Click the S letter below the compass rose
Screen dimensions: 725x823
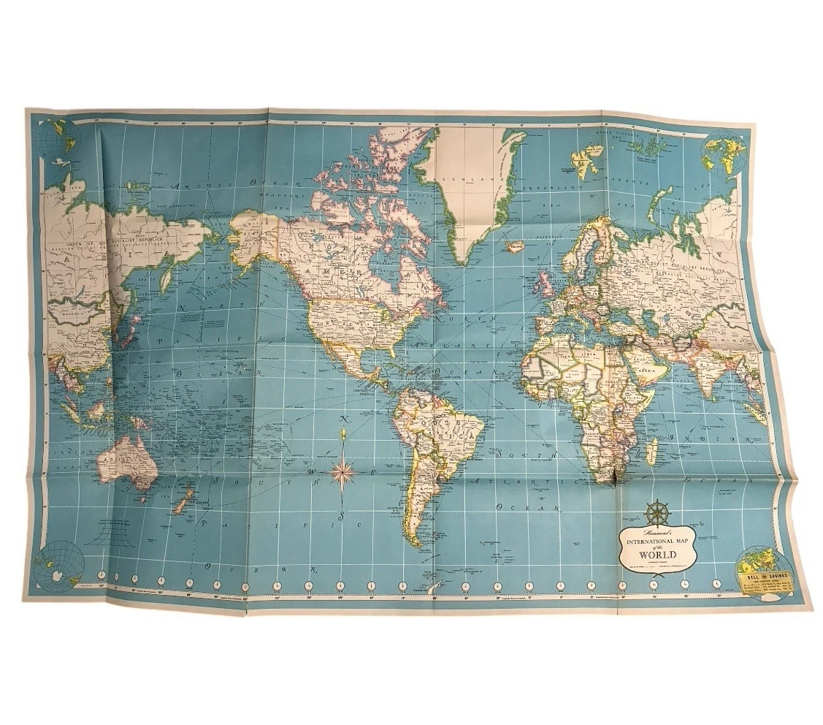click(340, 517)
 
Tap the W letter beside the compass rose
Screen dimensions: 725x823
click(309, 473)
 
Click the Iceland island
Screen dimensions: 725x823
click(517, 247)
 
